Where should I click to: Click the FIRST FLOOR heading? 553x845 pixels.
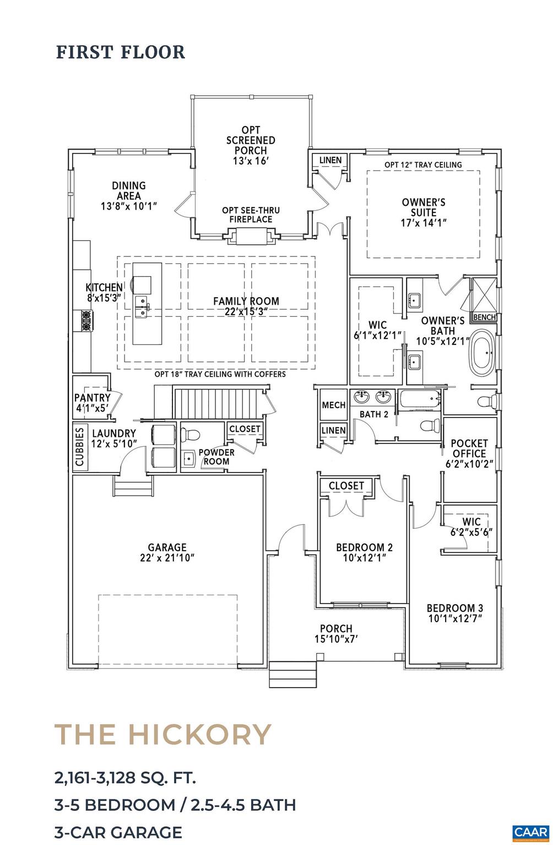point(121,52)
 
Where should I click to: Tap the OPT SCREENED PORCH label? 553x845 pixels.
point(251,145)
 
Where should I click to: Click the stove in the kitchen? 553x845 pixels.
point(86,321)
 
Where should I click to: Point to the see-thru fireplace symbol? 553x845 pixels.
point(251,237)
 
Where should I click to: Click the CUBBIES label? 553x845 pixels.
point(80,447)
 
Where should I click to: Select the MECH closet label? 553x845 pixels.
point(333,405)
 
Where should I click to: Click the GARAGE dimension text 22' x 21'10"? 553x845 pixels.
point(167,558)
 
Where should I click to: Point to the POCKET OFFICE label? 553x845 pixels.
point(469,448)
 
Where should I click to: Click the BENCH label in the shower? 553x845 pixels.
point(484,317)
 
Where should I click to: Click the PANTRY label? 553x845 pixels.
point(92,398)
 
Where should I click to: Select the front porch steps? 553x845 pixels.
point(292,673)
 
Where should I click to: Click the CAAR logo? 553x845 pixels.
point(528,832)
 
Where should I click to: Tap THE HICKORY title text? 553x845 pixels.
point(163,734)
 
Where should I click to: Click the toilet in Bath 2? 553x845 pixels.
point(429,425)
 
